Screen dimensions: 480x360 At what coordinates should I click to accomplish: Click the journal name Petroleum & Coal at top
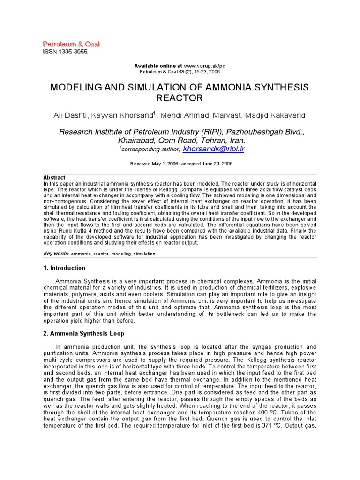click(71, 44)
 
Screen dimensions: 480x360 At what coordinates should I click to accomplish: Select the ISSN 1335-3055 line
click(65, 52)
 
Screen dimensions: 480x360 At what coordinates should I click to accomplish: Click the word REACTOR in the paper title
click(180, 98)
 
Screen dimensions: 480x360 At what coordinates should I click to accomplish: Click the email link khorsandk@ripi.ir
click(213, 149)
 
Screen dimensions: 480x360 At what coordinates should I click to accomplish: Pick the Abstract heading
click(54, 178)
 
